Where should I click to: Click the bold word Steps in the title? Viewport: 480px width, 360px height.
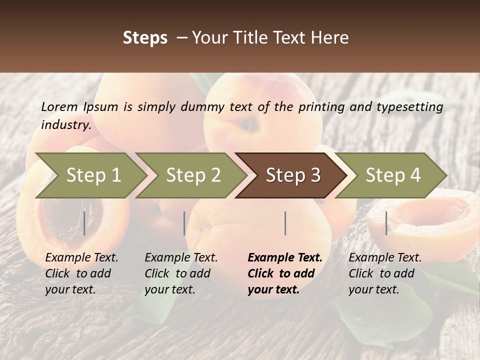[145, 38]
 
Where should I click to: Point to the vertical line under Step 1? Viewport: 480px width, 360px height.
[84, 223]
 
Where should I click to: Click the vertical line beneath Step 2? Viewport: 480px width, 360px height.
[184, 223]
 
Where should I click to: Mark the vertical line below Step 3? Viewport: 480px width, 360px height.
[285, 223]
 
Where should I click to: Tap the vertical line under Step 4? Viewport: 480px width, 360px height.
[386, 223]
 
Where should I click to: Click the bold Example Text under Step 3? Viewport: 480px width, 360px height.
[285, 258]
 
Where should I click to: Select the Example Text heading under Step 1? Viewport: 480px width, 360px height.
[81, 258]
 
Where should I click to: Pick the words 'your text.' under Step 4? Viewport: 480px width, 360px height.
[373, 289]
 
